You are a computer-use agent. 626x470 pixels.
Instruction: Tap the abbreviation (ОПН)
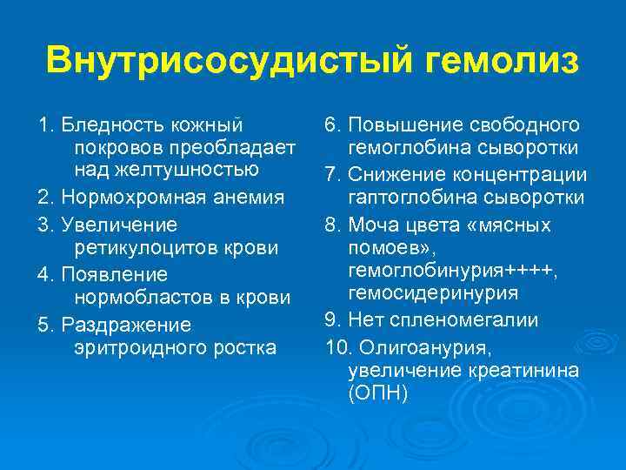377,393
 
